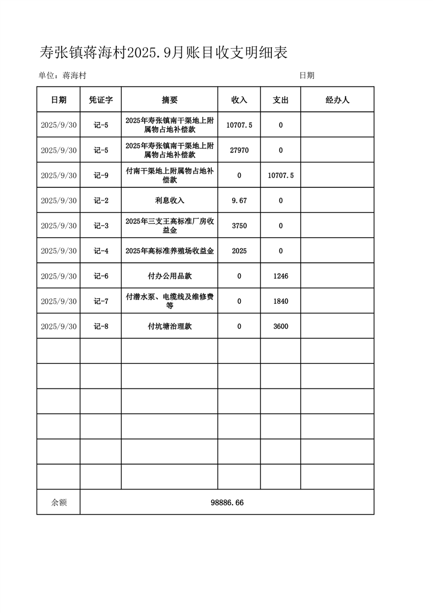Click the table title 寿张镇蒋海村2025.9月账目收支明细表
(x=163, y=52)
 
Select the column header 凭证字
(x=101, y=100)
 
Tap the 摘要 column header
(x=170, y=100)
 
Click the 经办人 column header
(x=337, y=100)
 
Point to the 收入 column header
(x=239, y=100)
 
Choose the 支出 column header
(x=281, y=100)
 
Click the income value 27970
(x=239, y=150)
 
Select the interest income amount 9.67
(x=239, y=201)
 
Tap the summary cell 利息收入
(x=170, y=201)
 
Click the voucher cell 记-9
(x=101, y=175)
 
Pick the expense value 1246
(x=281, y=276)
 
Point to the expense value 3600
(x=281, y=327)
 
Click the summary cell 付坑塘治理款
(x=170, y=327)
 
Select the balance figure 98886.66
(x=227, y=503)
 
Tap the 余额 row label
(x=59, y=503)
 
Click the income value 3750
(x=239, y=226)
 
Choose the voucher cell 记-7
(x=101, y=302)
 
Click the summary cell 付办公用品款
(x=170, y=276)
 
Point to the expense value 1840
(x=281, y=302)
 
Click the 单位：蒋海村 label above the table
(x=62, y=75)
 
